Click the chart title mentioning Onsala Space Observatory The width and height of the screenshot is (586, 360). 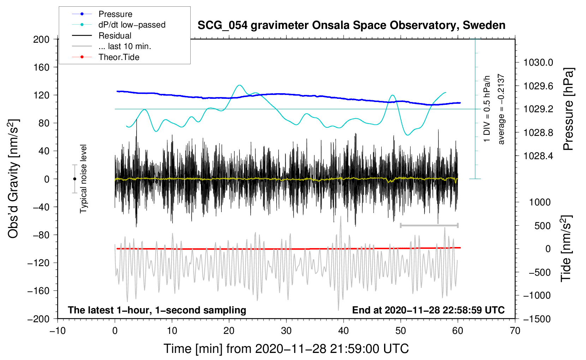(x=351, y=25)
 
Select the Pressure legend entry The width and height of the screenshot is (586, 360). (x=115, y=14)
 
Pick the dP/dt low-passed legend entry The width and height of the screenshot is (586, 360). (x=132, y=25)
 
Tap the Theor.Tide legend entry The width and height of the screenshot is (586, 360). (x=119, y=57)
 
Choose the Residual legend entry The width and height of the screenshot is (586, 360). (x=115, y=36)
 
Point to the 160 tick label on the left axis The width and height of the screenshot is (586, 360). (x=41, y=67)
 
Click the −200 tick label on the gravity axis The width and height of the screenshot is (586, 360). (x=38, y=319)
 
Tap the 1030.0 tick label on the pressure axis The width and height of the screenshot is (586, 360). (x=538, y=62)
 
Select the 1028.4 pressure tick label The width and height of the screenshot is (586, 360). (x=538, y=156)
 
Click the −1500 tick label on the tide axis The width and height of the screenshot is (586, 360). (x=537, y=319)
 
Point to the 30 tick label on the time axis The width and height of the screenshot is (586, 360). (x=286, y=331)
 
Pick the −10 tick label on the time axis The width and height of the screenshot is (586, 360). (x=58, y=331)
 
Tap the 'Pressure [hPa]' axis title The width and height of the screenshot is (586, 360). (x=568, y=109)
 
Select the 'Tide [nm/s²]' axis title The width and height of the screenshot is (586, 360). (x=566, y=248)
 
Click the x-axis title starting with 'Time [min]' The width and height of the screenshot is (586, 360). (x=286, y=349)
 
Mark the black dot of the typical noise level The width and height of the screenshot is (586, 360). (x=74, y=179)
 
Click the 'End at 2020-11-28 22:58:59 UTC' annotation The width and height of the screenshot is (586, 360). (x=428, y=310)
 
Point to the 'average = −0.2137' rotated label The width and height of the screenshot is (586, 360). (x=501, y=109)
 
